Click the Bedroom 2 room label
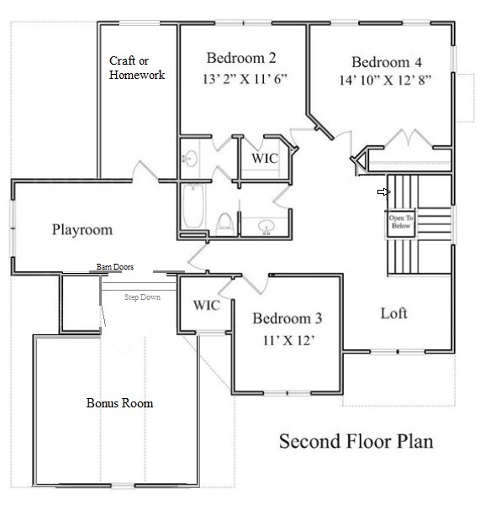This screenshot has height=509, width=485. pyautogui.click(x=241, y=59)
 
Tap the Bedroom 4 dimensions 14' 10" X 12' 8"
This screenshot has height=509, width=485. pyautogui.click(x=385, y=80)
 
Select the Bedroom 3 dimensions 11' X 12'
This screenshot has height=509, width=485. pyautogui.click(x=288, y=340)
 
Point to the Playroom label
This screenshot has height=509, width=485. pyautogui.click(x=82, y=230)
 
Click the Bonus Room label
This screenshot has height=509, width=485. pyautogui.click(x=119, y=403)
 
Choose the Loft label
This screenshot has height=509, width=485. pyautogui.click(x=393, y=313)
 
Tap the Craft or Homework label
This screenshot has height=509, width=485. pyautogui.click(x=137, y=67)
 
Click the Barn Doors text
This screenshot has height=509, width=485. pyautogui.click(x=115, y=267)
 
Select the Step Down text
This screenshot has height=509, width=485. pyautogui.click(x=142, y=297)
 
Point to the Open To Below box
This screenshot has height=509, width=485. pyautogui.click(x=401, y=223)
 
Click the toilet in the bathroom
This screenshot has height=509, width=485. pyautogui.click(x=225, y=224)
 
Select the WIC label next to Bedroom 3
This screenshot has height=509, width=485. pyautogui.click(x=207, y=306)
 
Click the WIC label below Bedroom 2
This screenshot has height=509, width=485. pyautogui.click(x=265, y=159)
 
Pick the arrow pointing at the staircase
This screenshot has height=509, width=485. pyautogui.click(x=383, y=192)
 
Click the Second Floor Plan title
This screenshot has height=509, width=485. pyautogui.click(x=356, y=441)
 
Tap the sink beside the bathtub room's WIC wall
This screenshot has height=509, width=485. pyautogui.click(x=266, y=227)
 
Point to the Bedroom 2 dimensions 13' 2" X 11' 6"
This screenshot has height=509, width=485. pyautogui.click(x=245, y=79)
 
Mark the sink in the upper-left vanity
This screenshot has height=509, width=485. pyautogui.click(x=190, y=159)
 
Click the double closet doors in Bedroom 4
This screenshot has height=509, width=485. pyautogui.click(x=409, y=137)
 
